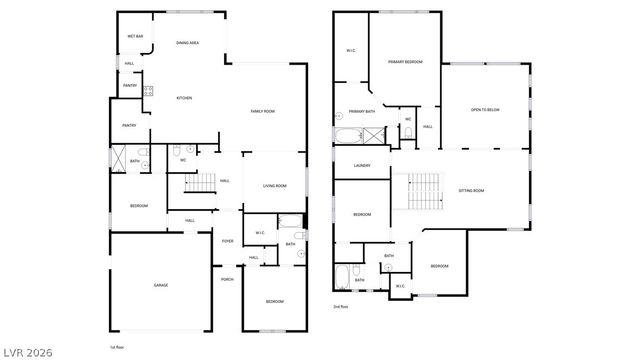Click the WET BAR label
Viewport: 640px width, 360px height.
click(135, 37)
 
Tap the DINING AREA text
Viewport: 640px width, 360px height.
click(187, 43)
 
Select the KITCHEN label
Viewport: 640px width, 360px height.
click(184, 98)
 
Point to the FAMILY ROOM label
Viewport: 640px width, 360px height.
click(263, 111)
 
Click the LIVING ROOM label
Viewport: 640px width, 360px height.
click(275, 185)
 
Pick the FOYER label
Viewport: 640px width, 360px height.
click(228, 241)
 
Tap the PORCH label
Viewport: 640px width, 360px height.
click(227, 279)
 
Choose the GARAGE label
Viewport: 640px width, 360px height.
click(160, 285)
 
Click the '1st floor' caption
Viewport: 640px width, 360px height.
click(117, 347)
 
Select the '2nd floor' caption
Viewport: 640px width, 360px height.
click(341, 306)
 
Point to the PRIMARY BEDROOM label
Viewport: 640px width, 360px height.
click(405, 62)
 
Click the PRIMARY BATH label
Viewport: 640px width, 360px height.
click(362, 111)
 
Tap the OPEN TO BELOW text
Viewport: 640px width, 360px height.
click(485, 109)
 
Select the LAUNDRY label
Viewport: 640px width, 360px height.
click(362, 165)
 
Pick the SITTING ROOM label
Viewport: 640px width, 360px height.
click(471, 190)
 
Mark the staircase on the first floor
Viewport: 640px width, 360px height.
click(201, 183)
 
